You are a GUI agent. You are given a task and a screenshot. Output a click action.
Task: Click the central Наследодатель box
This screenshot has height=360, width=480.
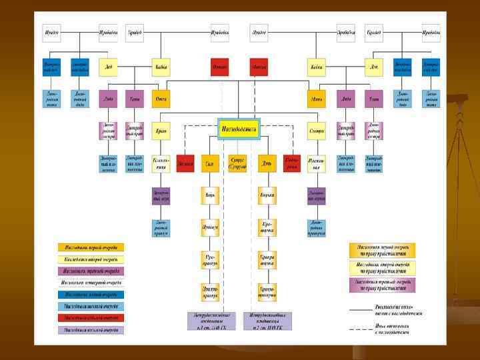(239, 129)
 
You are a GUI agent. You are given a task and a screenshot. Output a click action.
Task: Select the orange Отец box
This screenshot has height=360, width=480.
(161, 99)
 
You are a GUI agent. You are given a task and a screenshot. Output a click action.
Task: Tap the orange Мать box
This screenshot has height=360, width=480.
(317, 99)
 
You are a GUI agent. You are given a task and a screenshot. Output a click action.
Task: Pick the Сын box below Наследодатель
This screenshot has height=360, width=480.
(209, 163)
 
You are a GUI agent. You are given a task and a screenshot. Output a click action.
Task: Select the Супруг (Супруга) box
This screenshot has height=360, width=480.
(238, 163)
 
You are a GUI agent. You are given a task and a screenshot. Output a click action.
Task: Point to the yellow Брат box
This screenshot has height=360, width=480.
(161, 131)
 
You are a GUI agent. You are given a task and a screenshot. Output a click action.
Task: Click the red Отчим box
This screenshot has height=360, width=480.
(219, 67)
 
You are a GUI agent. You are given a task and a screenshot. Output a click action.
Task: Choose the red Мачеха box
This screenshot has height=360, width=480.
(258, 67)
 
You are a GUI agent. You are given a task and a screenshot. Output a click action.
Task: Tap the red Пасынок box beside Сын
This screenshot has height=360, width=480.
(186, 163)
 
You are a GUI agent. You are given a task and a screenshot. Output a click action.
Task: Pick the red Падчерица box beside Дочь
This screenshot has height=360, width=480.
(291, 163)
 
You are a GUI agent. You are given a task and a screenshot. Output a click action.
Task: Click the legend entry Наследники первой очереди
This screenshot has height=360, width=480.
(91, 247)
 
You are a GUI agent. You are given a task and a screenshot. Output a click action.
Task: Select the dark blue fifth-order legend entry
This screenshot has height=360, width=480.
(91, 294)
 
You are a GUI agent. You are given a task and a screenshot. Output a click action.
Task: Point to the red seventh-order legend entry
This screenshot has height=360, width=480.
(91, 317)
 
